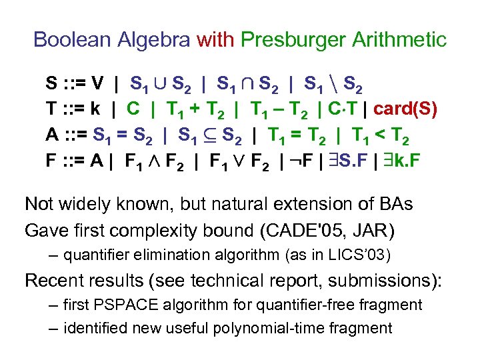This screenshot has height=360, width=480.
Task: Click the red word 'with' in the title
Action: point(215,39)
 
